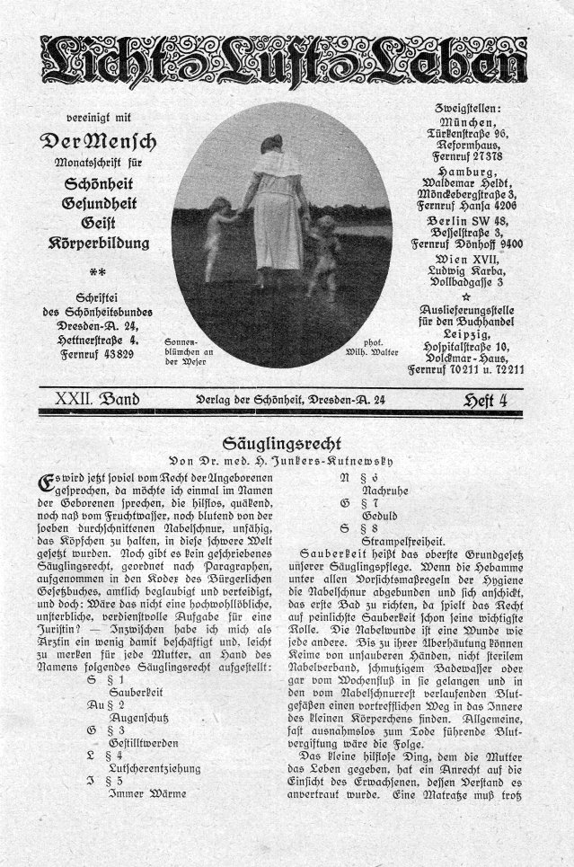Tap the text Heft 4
tap(485, 400)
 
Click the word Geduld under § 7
tap(379, 518)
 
